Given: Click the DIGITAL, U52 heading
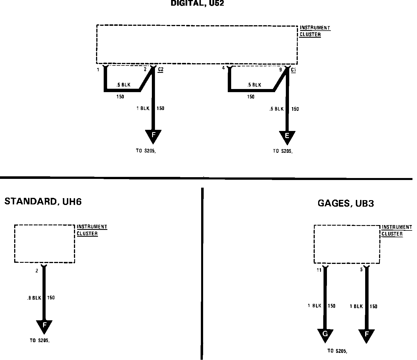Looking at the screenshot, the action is tap(197, 3).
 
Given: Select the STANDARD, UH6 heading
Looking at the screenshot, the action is tap(43, 202).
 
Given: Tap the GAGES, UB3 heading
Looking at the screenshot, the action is tap(346, 203).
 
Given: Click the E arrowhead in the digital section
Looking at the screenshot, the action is tap(287, 136).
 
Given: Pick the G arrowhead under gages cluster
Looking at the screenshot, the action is tap(325, 334).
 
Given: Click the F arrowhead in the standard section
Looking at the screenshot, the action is tap(44, 325).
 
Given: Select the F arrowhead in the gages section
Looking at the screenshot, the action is tap(366, 334).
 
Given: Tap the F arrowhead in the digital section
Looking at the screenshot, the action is tap(153, 135).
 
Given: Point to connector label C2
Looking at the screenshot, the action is tap(161, 69).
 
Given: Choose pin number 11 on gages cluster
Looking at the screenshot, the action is tap(319, 270).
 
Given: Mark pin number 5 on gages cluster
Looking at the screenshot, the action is tap(361, 270).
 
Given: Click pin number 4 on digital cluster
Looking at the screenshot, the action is tap(224, 68).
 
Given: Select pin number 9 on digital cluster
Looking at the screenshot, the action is tap(281, 69).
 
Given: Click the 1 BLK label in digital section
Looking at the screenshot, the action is tap(143, 108).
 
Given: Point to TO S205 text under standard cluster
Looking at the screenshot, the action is tap(40, 341).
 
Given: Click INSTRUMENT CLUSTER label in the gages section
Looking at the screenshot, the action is tap(392, 230).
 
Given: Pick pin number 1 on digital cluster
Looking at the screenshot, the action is tap(98, 70).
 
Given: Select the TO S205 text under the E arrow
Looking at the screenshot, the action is tap(283, 151).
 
